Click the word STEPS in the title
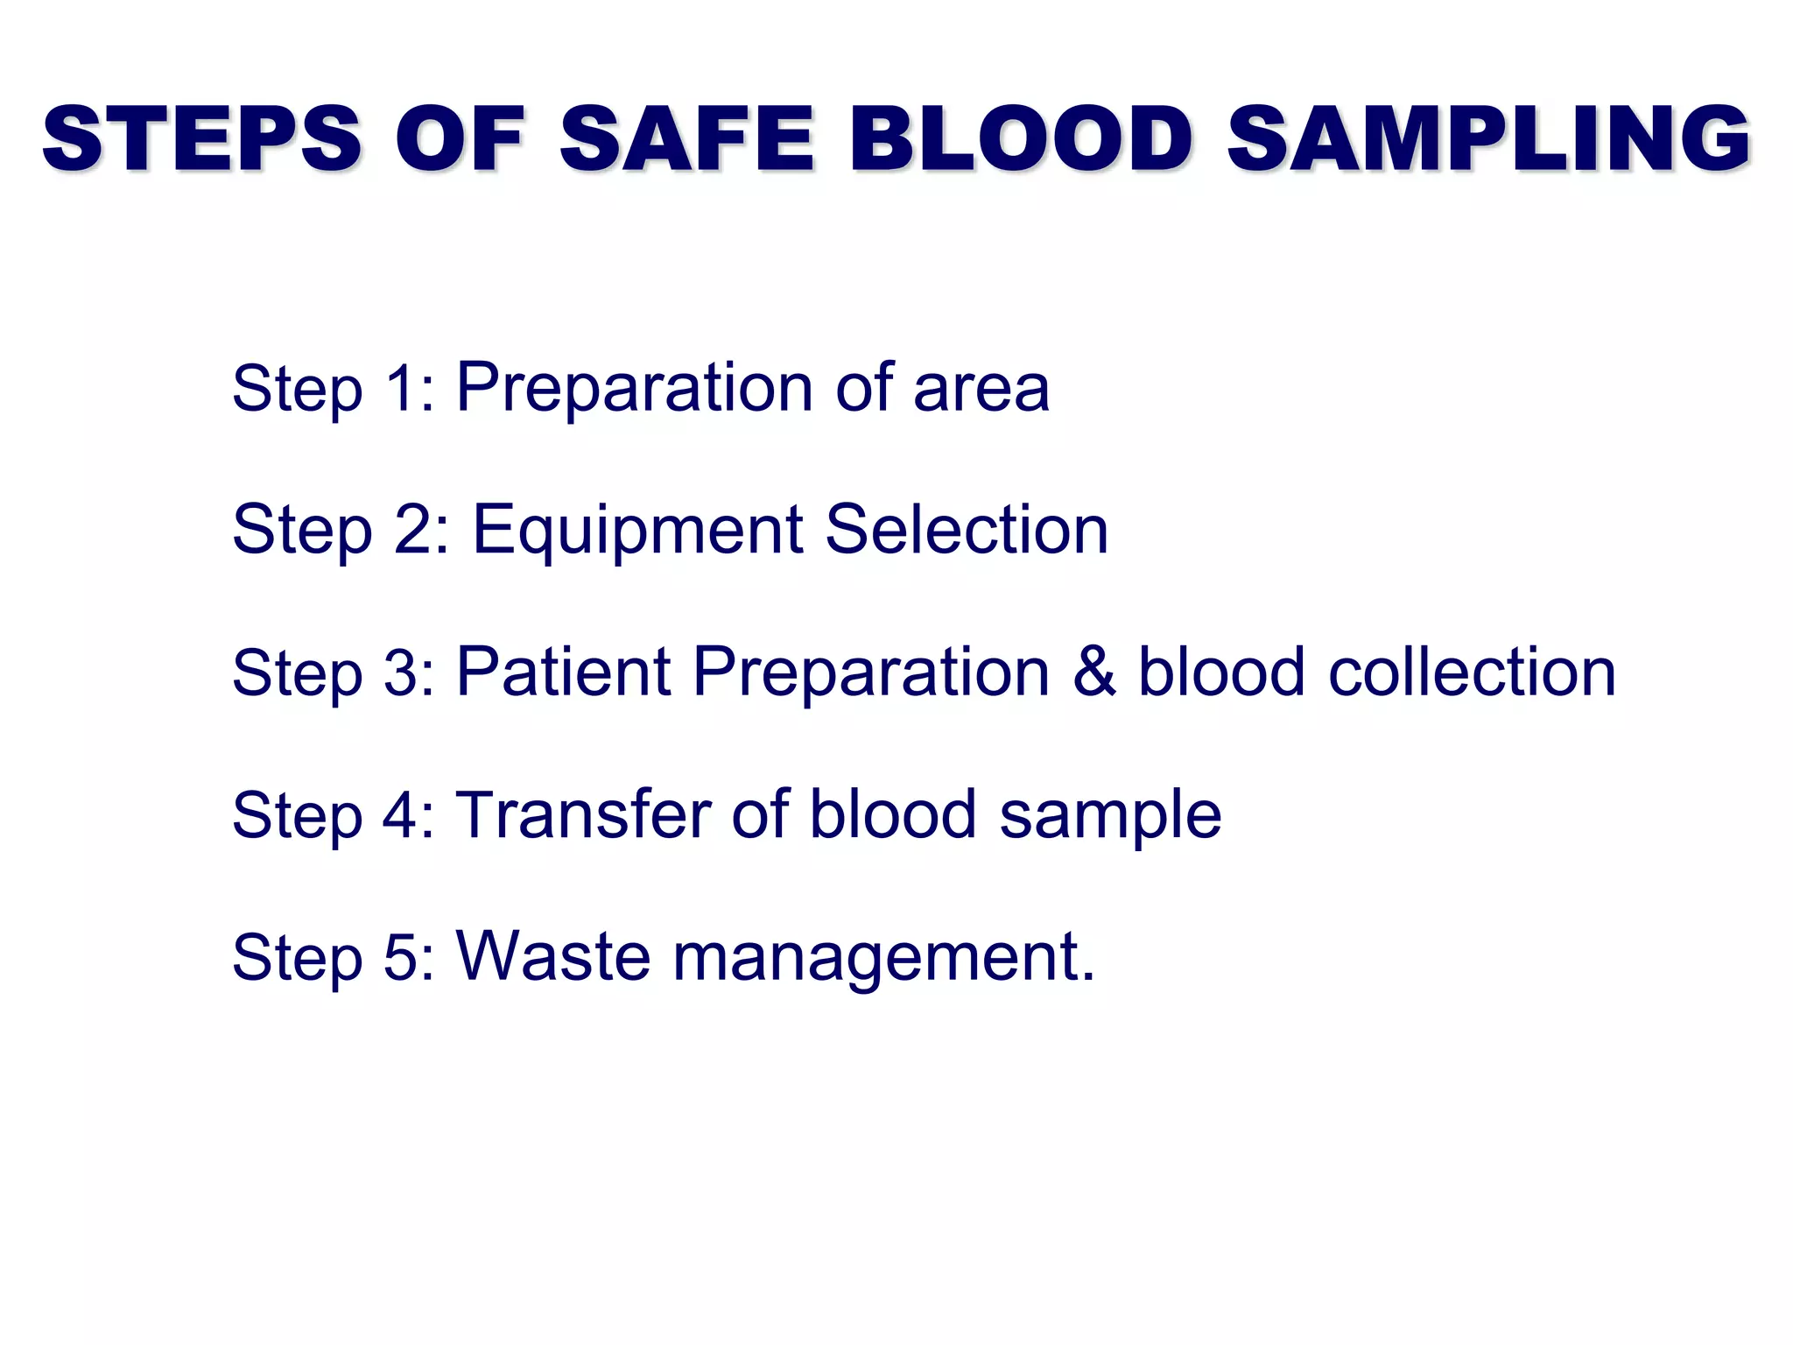tap(201, 138)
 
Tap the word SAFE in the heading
tap(687, 138)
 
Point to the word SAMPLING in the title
tap(1488, 138)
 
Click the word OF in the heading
tap(461, 138)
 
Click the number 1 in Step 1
tap(399, 388)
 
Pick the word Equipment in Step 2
tap(637, 531)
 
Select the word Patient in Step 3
tap(563, 672)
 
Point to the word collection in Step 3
tap(1472, 672)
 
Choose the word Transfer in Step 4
tap(583, 814)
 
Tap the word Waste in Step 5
tap(553, 956)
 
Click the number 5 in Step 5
tap(401, 957)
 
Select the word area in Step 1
tap(981, 388)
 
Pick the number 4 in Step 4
tap(401, 815)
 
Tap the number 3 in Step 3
tap(401, 672)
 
